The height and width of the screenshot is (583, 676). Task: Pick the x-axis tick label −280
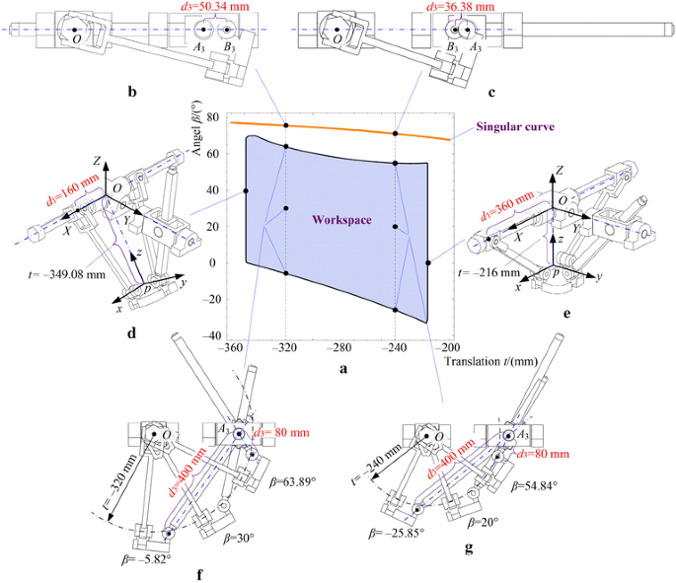pyautogui.click(x=340, y=347)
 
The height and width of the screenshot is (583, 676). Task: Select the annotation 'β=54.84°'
pyautogui.click(x=540, y=485)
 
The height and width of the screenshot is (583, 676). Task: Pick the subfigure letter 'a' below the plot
pyautogui.click(x=341, y=369)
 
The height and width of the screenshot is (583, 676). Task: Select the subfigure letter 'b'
pyautogui.click(x=132, y=94)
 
